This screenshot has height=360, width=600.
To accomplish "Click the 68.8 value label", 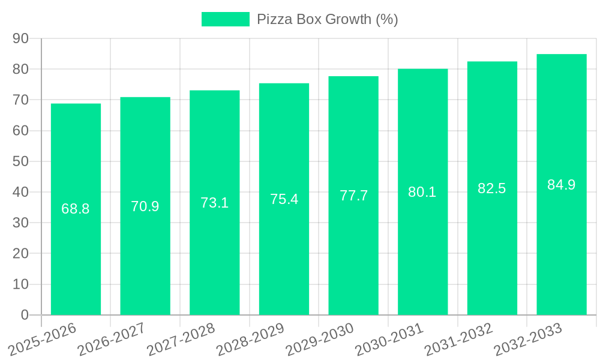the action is point(76,209).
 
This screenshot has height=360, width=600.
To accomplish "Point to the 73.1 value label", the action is point(214,203).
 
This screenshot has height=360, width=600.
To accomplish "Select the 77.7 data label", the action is point(353,196).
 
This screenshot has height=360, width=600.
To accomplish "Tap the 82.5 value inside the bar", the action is point(492,188).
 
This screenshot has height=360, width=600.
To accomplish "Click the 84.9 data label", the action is point(562,185).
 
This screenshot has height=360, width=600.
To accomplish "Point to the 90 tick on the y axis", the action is point(20,38).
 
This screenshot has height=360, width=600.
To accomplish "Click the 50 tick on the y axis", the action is point(20,161).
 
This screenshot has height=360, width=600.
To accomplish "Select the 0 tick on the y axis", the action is point(25,315).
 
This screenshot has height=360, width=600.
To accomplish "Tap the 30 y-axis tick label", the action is point(20,223).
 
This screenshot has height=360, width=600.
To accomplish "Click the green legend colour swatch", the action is point(225,19).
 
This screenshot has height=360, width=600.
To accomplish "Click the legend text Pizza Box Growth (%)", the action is point(327,19).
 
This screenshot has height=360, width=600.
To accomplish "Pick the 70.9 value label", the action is point(145,206).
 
